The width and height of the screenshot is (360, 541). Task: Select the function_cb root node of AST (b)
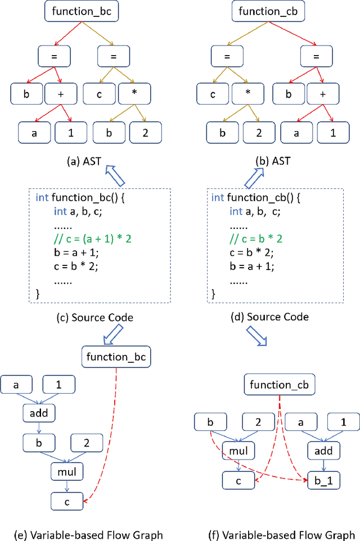coord(263,11)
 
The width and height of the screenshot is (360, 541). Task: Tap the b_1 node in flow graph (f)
coord(323,480)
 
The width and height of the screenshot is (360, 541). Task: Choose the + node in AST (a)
coord(60,93)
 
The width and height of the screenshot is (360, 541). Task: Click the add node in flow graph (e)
coord(39,413)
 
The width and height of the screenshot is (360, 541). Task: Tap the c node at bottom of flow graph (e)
coord(67,499)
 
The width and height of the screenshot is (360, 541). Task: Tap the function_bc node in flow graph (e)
coord(116,357)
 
